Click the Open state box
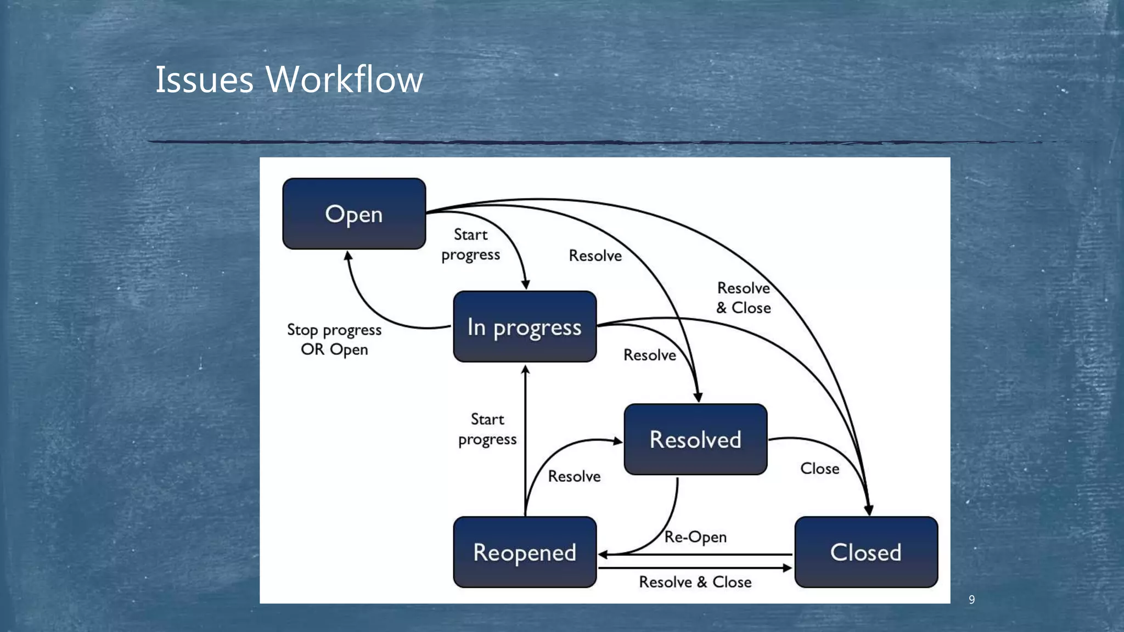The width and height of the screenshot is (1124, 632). [354, 214]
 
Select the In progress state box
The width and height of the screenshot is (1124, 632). [525, 327]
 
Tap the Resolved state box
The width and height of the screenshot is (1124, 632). [695, 439]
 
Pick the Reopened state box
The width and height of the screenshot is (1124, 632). [525, 552]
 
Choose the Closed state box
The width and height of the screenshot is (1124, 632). [866, 552]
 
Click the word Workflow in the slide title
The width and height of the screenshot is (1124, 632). [344, 80]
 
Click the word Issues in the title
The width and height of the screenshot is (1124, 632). [204, 80]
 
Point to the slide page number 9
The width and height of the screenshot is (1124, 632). [971, 600]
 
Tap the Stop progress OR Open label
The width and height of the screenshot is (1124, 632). [334, 340]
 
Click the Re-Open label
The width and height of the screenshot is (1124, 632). [695, 537]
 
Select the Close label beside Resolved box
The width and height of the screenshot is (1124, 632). [819, 469]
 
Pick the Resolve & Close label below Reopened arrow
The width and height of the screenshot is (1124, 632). [695, 582]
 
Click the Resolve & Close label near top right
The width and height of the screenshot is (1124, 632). [744, 298]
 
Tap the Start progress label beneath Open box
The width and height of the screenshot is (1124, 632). [470, 245]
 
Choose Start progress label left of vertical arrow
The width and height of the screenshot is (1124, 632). [487, 429]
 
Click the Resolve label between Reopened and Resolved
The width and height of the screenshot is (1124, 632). [574, 476]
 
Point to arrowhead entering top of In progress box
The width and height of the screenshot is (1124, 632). [525, 284]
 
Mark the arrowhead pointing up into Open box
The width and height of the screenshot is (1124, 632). [348, 256]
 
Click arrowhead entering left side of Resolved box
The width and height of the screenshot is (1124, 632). [618, 441]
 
